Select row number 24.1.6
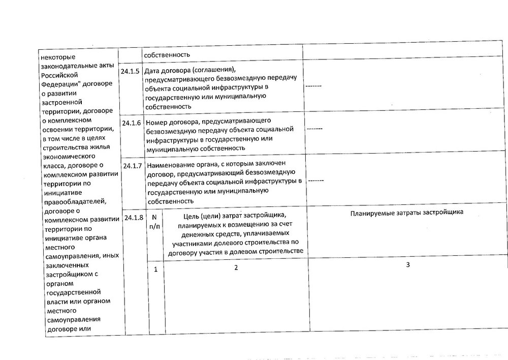[132, 123]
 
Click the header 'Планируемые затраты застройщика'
[407, 213]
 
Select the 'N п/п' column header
[155, 222]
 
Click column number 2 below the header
[236, 267]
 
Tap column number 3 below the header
[408, 265]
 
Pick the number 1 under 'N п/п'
[156, 269]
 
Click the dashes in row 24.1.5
[313, 86]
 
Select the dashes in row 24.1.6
[315, 129]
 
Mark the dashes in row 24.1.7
[316, 181]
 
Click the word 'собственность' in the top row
[167, 54]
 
